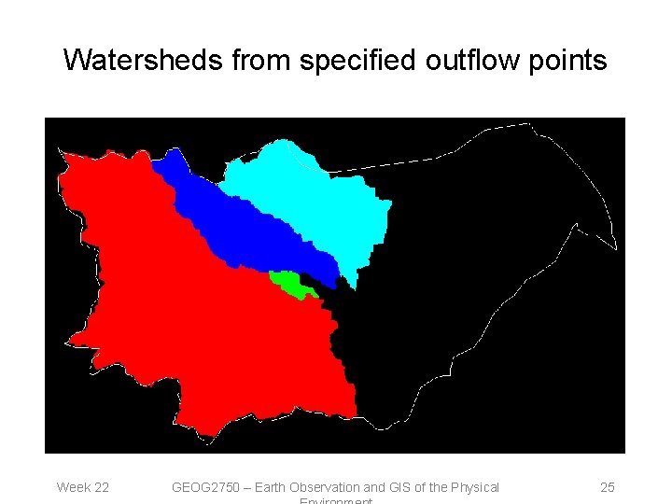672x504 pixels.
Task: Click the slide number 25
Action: (607, 487)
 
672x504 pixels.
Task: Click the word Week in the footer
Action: (72, 487)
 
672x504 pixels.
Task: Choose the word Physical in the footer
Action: (474, 487)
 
